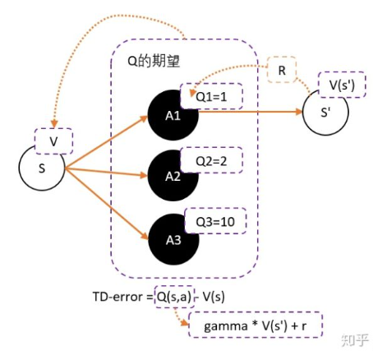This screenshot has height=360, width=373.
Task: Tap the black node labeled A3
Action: [172, 238]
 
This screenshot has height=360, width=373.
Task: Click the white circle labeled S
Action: [42, 169]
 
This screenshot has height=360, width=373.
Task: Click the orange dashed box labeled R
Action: [282, 72]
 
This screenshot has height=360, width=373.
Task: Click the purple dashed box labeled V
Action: [53, 140]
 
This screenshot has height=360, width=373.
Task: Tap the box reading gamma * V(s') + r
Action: [254, 325]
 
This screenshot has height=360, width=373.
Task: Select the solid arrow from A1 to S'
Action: [246, 115]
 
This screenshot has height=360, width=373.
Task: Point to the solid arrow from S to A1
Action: [107, 142]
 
